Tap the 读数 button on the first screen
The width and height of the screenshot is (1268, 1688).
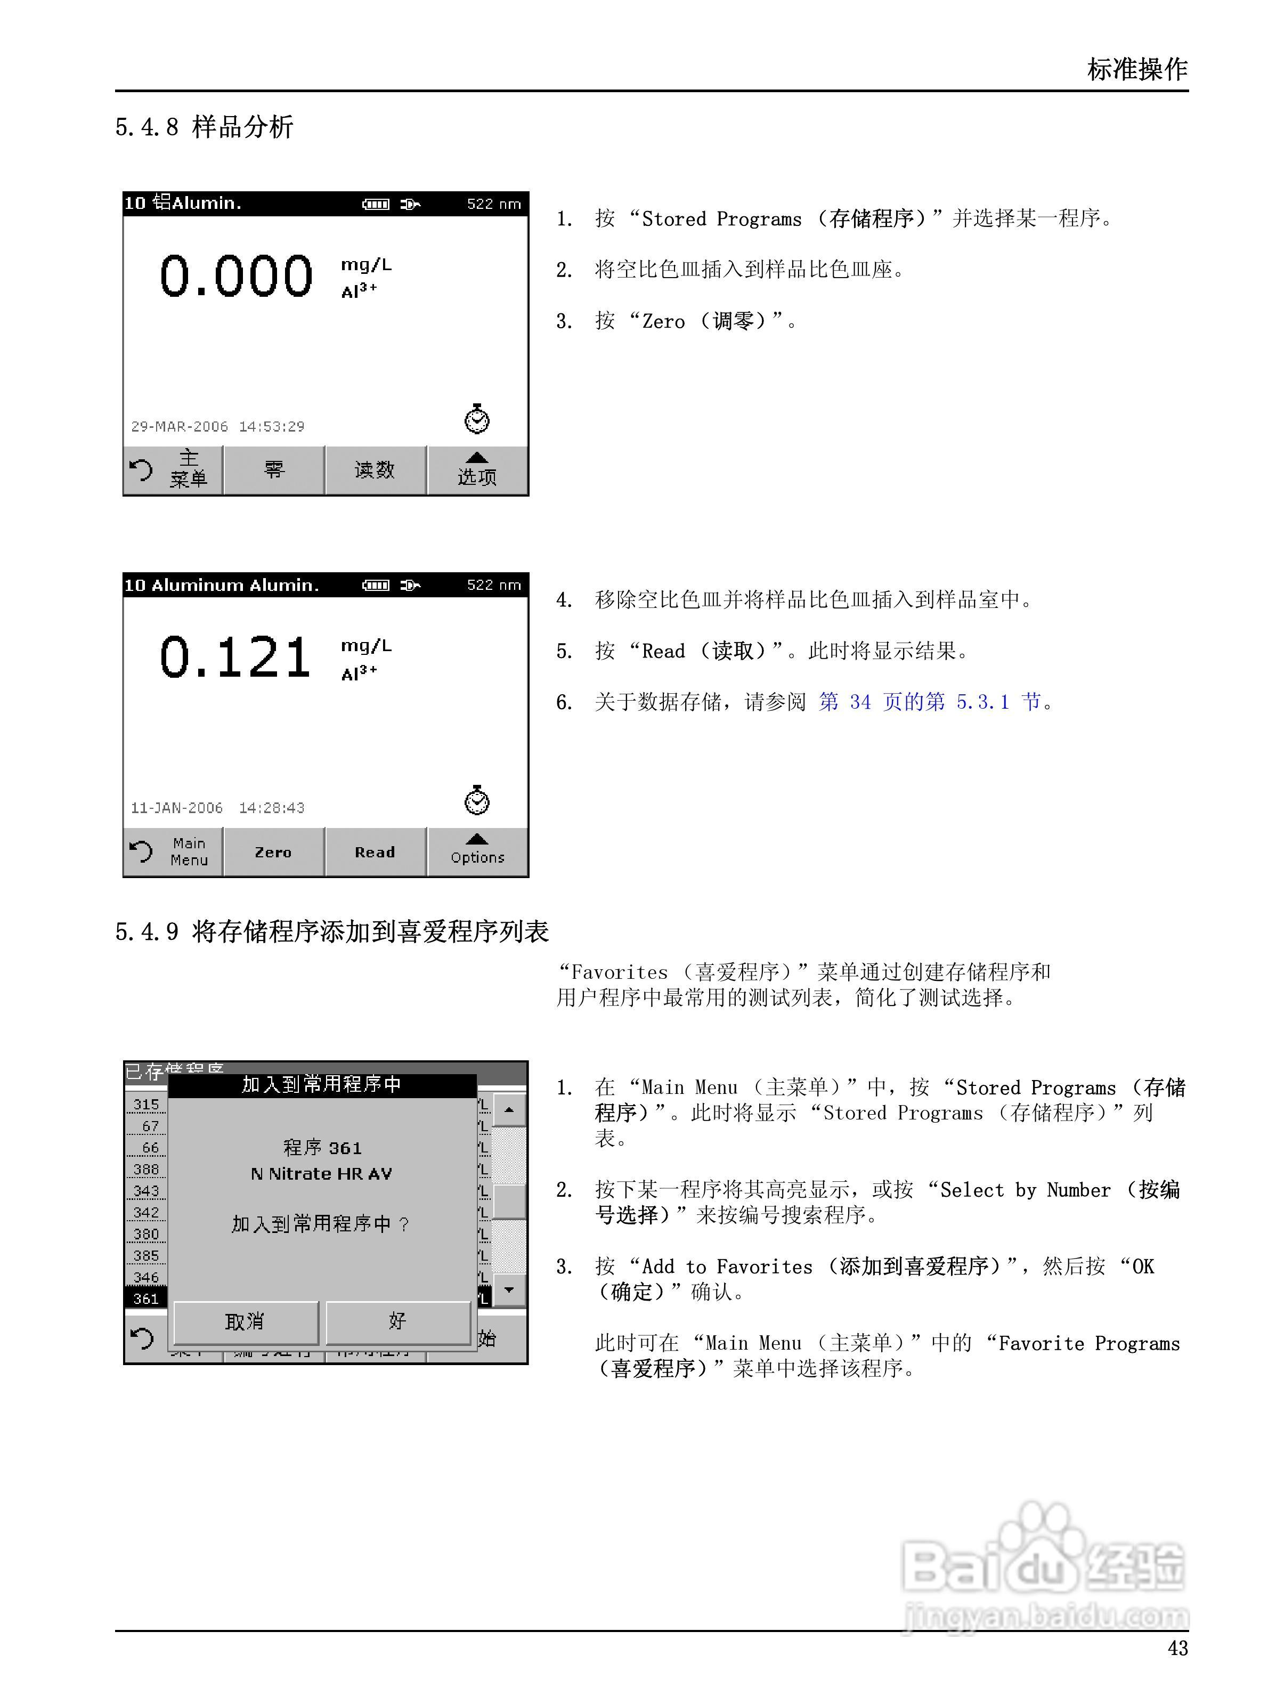pyautogui.click(x=375, y=470)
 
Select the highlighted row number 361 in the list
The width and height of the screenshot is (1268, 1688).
pyautogui.click(x=146, y=1299)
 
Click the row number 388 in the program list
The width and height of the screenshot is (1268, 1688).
pyautogui.click(x=146, y=1169)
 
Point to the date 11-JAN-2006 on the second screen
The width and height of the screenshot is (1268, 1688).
pyautogui.click(x=177, y=807)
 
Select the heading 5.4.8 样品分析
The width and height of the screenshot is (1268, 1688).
pyautogui.click(x=205, y=127)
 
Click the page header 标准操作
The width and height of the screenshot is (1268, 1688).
pyautogui.click(x=1137, y=69)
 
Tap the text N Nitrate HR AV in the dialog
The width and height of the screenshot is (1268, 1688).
pyautogui.click(x=321, y=1174)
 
